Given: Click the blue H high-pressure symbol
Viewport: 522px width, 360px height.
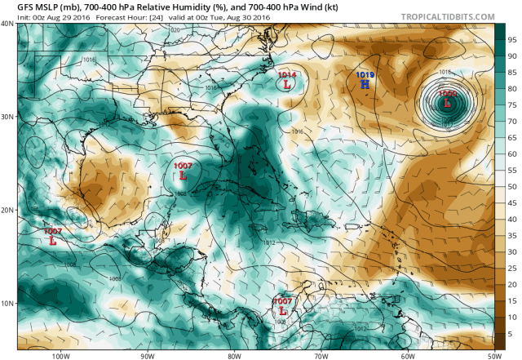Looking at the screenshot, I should tap(365, 85).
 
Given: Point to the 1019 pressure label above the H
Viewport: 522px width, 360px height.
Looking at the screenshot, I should tap(365, 75).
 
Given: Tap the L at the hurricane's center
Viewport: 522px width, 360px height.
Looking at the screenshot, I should tap(447, 103).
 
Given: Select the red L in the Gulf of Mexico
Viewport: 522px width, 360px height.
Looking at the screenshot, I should tap(183, 176).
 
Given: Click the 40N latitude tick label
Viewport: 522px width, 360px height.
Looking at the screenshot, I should tap(7, 24).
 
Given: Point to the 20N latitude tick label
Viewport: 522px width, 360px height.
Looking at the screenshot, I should tap(7, 210).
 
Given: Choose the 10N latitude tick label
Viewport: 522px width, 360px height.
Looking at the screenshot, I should tap(7, 303).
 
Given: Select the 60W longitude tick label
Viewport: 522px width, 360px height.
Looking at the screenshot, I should tap(407, 355).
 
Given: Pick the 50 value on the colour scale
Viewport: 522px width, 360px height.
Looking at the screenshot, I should tap(512, 187).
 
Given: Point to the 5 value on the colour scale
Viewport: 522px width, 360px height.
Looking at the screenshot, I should tap(511, 334).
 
